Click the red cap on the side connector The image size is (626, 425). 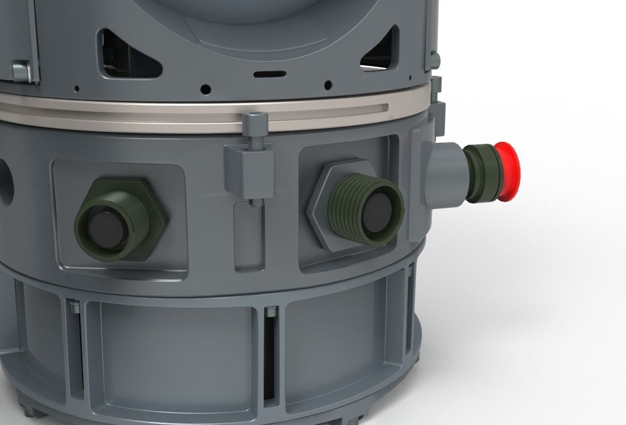point(509,171)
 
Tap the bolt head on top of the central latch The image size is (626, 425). point(254,119)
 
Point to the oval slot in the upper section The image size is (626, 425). point(269,74)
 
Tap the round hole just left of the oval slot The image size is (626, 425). point(206,89)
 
